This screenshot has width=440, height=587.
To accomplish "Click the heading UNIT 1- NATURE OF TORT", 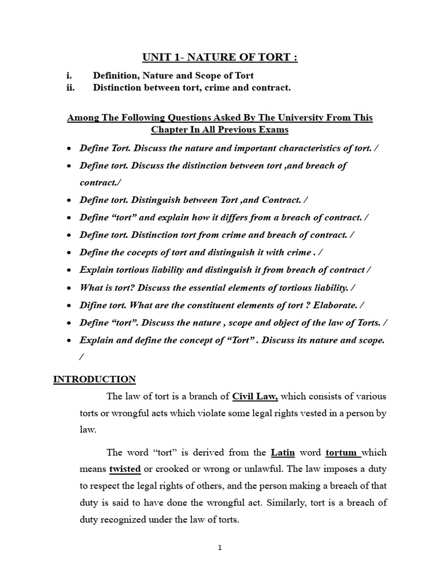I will click(x=221, y=57).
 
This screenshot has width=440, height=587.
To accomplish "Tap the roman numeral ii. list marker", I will click(x=73, y=88).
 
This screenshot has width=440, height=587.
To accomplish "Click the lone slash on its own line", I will click(x=81, y=357).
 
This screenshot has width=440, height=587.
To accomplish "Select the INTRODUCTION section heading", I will click(x=95, y=379).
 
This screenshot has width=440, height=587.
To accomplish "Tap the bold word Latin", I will click(x=283, y=452).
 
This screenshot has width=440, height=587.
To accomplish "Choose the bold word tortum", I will click(x=342, y=452).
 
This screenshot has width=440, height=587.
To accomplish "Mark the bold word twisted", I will click(x=125, y=469).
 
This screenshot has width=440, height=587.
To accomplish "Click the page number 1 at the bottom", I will click(x=220, y=547).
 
